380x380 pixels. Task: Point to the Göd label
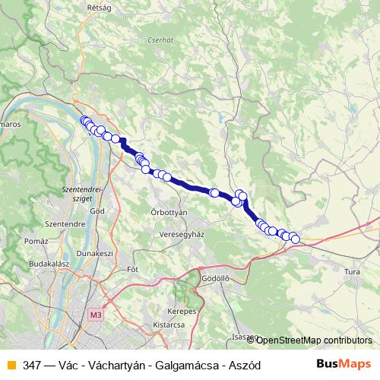tap(97, 211)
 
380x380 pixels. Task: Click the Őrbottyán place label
tap(169, 213)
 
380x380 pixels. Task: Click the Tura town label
tap(352, 271)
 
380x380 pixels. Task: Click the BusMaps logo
tap(344, 365)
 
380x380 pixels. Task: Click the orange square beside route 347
tap(10, 366)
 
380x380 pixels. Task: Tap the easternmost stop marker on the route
tap(295, 239)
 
